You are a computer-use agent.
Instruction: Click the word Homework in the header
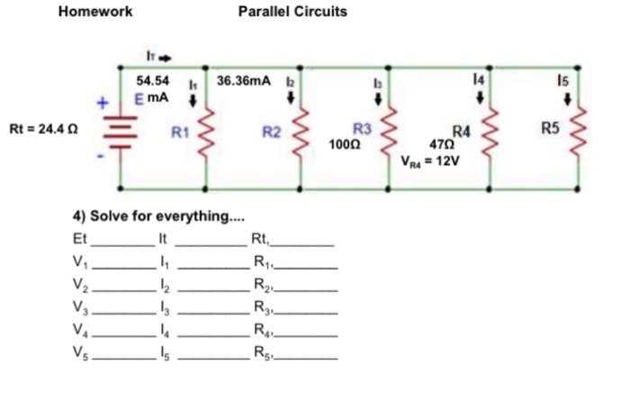[x=94, y=12]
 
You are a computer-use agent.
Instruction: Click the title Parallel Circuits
[x=292, y=12]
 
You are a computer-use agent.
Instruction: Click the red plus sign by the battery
[x=103, y=104]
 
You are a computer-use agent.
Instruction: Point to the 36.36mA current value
[x=243, y=82]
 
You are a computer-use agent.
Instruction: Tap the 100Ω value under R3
[x=345, y=144]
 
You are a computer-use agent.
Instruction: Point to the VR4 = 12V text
[x=429, y=163]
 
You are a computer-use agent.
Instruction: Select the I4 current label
[x=488, y=82]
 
